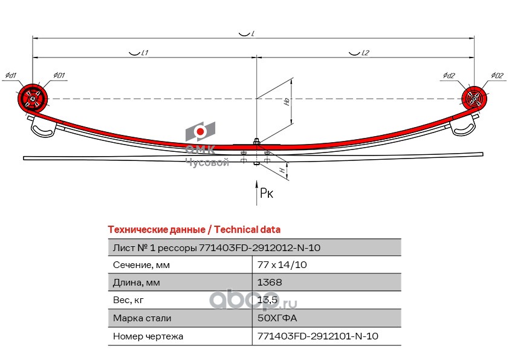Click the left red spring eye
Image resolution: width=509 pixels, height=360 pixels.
pos(32,98)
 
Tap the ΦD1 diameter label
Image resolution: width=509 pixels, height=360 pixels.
pos(59,75)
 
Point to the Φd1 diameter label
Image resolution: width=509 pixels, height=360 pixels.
pos(10,75)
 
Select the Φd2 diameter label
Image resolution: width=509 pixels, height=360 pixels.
pos(449,75)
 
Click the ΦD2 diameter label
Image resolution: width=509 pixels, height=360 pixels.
pos(497,75)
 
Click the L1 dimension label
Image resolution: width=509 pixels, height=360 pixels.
pos(143,53)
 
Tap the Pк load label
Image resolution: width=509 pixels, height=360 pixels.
pos(267,194)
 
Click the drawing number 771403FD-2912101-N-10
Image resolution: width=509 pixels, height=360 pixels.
pos(318,336)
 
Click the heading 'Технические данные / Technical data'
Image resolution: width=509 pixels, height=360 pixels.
pos(193,230)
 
